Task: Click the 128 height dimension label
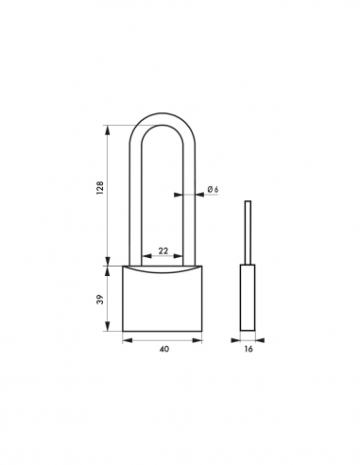click(97, 188)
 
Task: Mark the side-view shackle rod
click(248, 232)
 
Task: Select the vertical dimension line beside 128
click(111, 194)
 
